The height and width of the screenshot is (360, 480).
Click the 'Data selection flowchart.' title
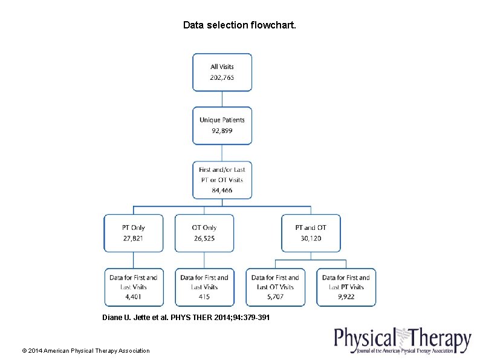coord(240,25)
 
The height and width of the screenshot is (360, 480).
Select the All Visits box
coord(222,72)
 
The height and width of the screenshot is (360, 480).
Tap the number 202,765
coord(222,77)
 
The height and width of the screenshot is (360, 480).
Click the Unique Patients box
coord(222,126)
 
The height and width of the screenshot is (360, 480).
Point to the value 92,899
coord(222,131)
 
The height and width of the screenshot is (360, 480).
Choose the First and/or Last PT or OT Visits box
coord(222,180)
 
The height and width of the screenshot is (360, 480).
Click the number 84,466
coord(222,191)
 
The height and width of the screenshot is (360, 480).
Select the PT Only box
coord(134,233)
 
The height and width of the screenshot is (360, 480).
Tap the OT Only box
coord(204,233)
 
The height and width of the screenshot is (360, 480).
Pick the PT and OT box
coord(311,233)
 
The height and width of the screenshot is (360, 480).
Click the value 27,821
coord(134,238)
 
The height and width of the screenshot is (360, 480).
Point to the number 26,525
coord(204,238)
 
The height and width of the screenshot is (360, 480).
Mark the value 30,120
coord(311,238)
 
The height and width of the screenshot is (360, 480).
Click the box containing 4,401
coord(134,287)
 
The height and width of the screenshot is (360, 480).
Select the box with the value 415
coord(204,287)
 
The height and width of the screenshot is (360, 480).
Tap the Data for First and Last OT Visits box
coord(275,287)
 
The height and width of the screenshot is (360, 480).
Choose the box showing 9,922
coord(346,287)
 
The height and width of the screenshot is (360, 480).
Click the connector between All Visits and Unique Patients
coord(222,99)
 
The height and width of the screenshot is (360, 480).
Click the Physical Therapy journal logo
coord(402,341)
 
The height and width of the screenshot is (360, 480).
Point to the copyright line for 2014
coord(85,350)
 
